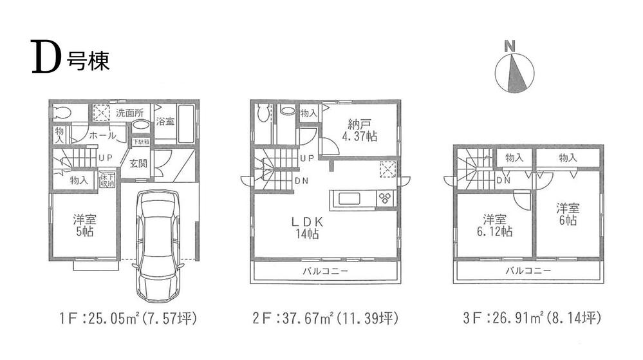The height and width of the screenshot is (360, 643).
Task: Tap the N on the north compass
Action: [x=510, y=46]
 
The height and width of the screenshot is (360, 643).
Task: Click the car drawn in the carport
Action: [x=158, y=245]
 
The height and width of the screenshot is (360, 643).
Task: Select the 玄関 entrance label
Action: [x=138, y=164]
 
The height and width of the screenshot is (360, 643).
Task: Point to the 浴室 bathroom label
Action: [x=165, y=121]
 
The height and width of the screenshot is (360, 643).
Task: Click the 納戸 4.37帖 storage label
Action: [x=359, y=131]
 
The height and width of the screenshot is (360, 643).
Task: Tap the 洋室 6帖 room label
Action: [x=568, y=214]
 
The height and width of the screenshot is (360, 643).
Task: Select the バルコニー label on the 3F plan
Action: [x=528, y=271]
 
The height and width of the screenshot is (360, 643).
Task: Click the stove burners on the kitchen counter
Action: [x=386, y=198]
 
